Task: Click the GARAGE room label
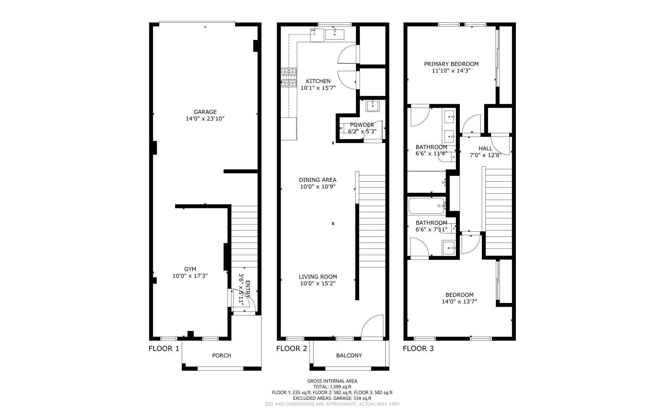pos(205,112)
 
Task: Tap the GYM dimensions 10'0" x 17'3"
pos(190,276)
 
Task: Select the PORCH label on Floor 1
pos(221,355)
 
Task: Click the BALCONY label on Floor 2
pos(349,355)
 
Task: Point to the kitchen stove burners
pos(289,78)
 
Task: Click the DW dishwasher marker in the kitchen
pos(313,31)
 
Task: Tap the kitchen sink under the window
pos(334,34)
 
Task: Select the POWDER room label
pos(362,125)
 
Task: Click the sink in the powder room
pos(372,106)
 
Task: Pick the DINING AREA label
pos(318,180)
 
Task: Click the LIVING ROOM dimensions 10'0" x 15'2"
pos(318,283)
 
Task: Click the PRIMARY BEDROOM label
pos(451,64)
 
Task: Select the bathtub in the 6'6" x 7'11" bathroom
pos(426,206)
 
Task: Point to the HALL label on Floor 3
pos(485,148)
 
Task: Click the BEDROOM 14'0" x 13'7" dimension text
pos(459,301)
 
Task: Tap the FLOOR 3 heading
pos(418,348)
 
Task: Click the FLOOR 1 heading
pos(164,348)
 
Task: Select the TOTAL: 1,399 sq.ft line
pos(332,387)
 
